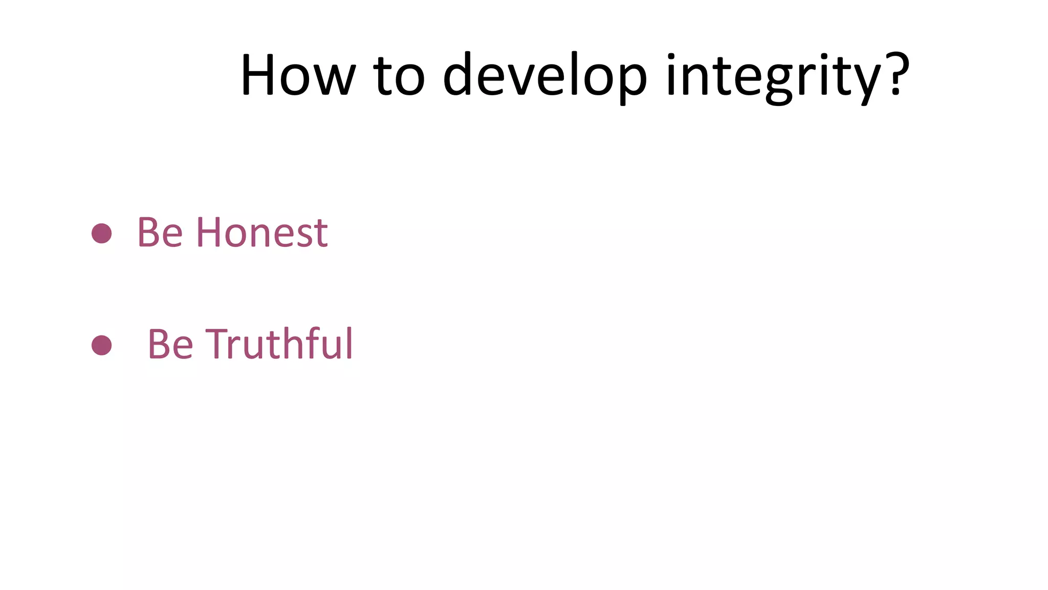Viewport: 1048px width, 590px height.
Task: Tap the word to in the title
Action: pyautogui.click(x=399, y=75)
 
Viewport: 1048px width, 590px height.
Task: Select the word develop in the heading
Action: pyautogui.click(x=544, y=76)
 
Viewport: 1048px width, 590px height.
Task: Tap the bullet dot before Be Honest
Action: pyautogui.click(x=101, y=233)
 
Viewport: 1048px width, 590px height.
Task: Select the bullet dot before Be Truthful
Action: pyautogui.click(x=101, y=345)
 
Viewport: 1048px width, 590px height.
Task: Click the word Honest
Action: pyautogui.click(x=261, y=233)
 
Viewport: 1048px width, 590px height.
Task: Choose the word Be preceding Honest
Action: pyautogui.click(x=160, y=233)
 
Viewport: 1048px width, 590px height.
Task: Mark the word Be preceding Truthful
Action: pyautogui.click(x=170, y=344)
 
